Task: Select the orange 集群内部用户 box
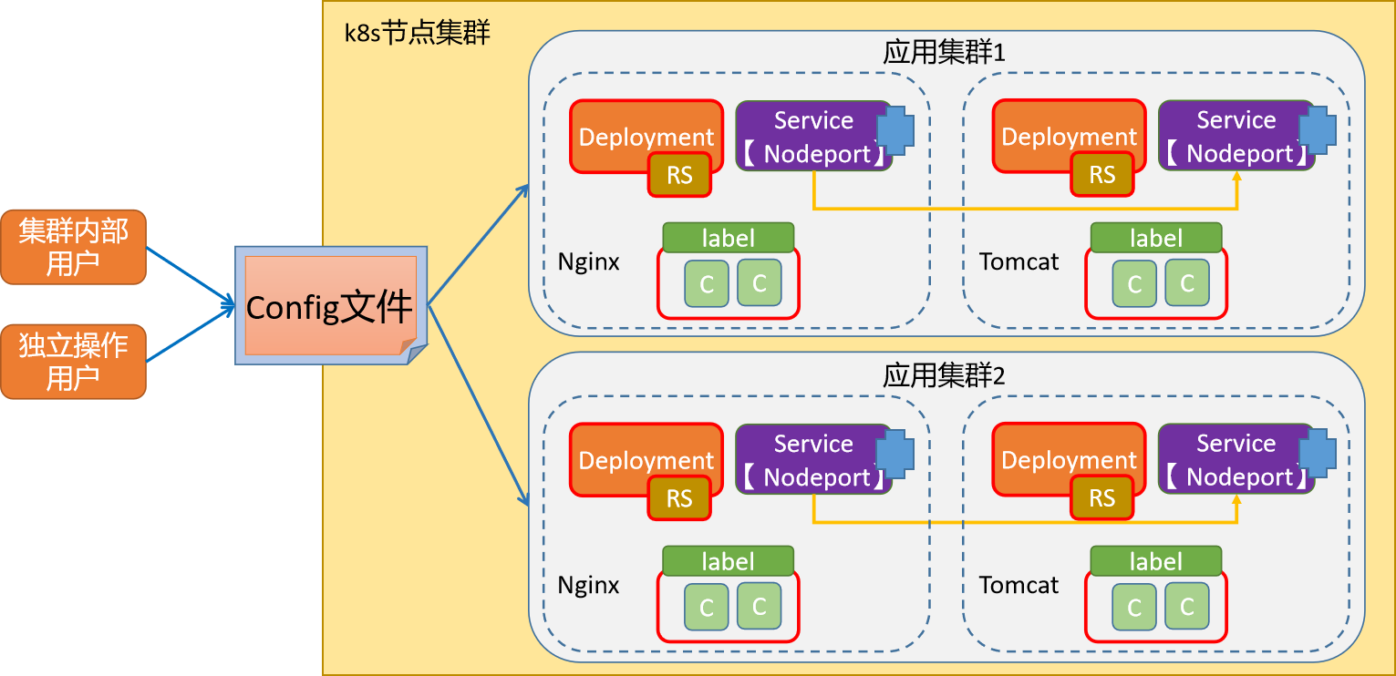coord(73,247)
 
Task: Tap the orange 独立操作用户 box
coord(73,361)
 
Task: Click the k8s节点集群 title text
coord(417,34)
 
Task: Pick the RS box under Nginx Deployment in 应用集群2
coord(679,498)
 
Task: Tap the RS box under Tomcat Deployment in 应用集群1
coord(1102,175)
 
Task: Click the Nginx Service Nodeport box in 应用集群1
coord(807,137)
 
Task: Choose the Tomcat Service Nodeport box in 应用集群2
coord(1230,460)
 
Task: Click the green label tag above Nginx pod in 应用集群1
coord(728,238)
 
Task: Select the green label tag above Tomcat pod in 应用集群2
coord(1156,561)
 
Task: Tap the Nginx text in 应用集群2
coord(588,585)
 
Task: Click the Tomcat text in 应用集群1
coord(1019,262)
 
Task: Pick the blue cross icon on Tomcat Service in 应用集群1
coord(1317,130)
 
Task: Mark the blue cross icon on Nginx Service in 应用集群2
coord(894,454)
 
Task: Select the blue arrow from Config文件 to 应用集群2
coord(479,405)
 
